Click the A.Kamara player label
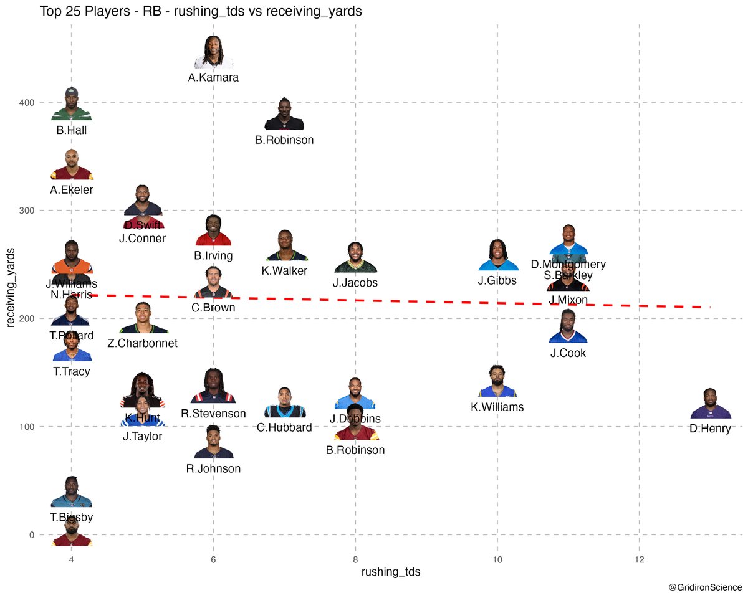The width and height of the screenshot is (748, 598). [213, 78]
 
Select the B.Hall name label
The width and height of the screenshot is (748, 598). [71, 131]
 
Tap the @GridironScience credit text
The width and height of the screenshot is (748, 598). [705, 587]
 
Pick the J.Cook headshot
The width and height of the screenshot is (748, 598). [568, 327]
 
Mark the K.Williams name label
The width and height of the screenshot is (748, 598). [497, 407]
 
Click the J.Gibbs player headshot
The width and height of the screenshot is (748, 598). [497, 255]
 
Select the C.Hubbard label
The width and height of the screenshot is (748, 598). [284, 427]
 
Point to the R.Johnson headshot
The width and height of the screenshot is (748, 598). [213, 443]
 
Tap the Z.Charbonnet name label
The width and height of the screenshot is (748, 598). [143, 343]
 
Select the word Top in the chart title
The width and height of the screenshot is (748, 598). [50, 11]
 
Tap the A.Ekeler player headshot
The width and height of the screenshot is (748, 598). [72, 164]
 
